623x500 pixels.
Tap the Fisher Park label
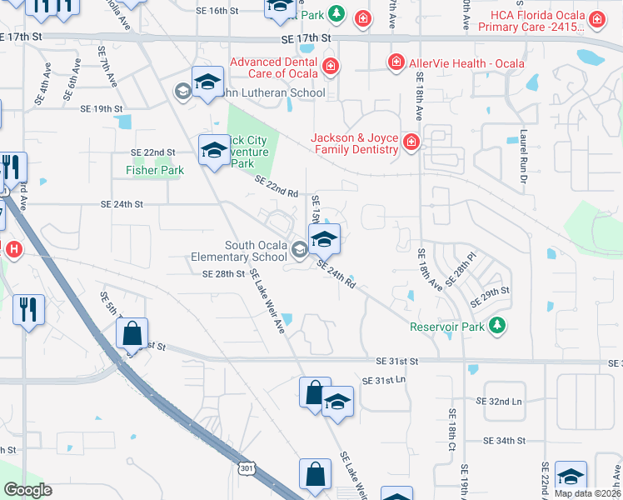pyautogui.click(x=154, y=170)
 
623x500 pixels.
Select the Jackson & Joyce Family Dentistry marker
pyautogui.click(x=411, y=143)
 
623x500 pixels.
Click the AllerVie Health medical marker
pyautogui.click(x=396, y=63)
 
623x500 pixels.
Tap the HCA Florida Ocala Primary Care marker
pyautogui.click(x=596, y=18)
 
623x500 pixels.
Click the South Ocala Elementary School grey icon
pyautogui.click(x=299, y=246)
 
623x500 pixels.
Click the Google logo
pyautogui.click(x=27, y=490)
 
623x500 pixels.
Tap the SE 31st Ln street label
pyautogui.click(x=383, y=380)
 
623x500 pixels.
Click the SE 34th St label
pyautogui.click(x=505, y=440)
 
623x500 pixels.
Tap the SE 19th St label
pyautogui.click(x=102, y=109)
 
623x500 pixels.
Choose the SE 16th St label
pyautogui.click(x=219, y=11)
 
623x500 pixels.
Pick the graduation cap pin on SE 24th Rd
pyautogui.click(x=324, y=240)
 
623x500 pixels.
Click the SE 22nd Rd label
pyautogui.click(x=276, y=187)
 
